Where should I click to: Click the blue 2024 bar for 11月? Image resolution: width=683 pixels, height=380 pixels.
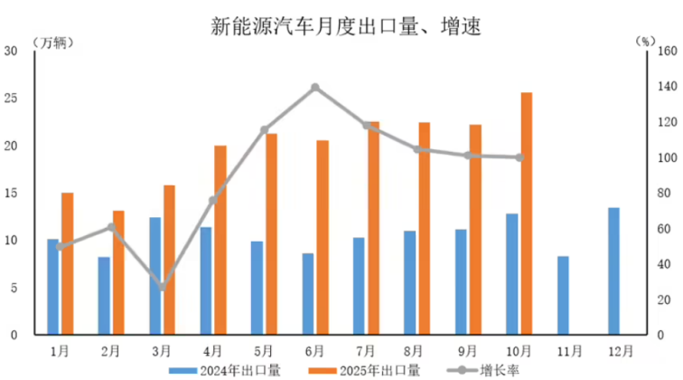(563, 295)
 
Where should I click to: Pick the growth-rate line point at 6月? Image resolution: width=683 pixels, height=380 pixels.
(315, 88)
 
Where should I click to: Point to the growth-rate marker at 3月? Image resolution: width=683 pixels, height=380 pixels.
(163, 287)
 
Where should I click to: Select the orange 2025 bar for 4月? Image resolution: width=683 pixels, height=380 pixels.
(220, 240)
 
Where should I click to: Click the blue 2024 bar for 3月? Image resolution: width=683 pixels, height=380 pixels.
(155, 276)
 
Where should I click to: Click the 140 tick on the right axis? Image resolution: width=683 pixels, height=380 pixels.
(664, 87)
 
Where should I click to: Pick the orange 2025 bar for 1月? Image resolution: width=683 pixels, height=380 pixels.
(67, 263)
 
